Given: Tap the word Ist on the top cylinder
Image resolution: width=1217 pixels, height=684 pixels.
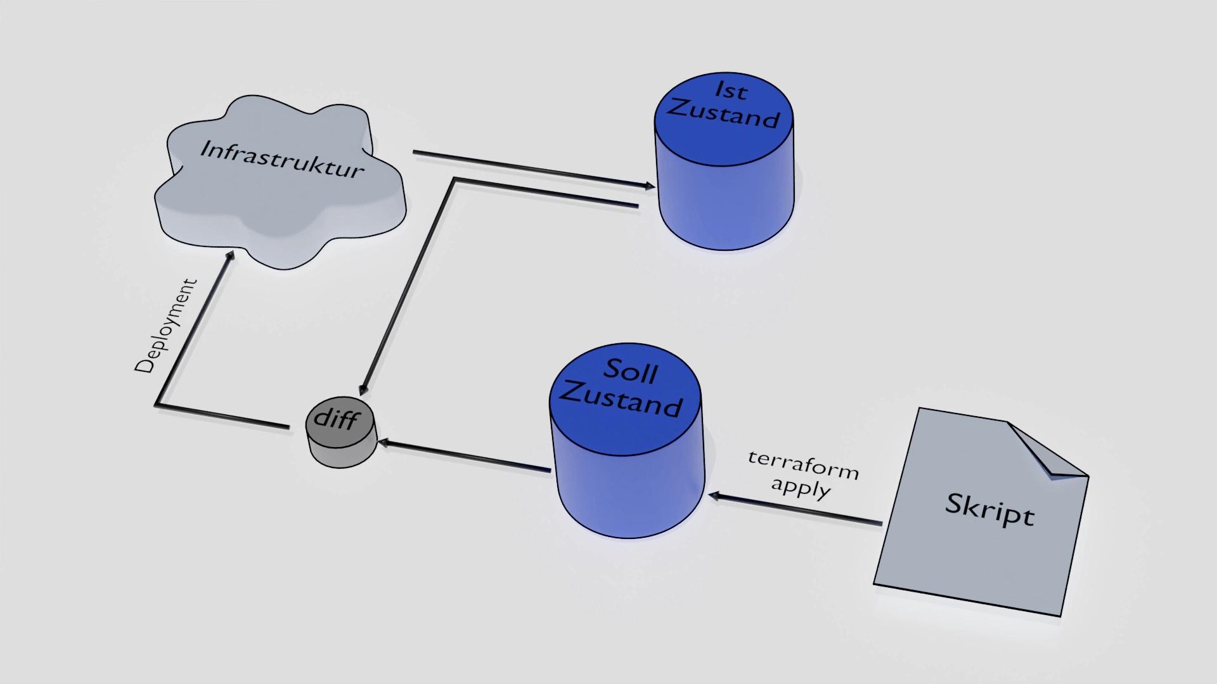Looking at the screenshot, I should pyautogui.click(x=731, y=90).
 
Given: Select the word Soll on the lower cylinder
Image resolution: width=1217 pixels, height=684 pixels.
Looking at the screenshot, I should pyautogui.click(x=630, y=371).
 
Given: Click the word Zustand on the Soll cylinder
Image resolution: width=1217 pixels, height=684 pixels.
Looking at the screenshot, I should pyautogui.click(x=621, y=400).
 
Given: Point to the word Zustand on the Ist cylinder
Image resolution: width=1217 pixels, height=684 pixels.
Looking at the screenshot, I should pyautogui.click(x=723, y=115).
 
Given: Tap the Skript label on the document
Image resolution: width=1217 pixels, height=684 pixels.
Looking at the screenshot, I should pyautogui.click(x=989, y=509).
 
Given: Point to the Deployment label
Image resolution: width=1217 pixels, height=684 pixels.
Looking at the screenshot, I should pyautogui.click(x=166, y=326).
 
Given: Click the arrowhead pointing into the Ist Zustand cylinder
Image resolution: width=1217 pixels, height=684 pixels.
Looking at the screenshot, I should pyautogui.click(x=650, y=186).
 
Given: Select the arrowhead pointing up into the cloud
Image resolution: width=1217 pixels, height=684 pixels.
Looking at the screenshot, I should pyautogui.click(x=229, y=255).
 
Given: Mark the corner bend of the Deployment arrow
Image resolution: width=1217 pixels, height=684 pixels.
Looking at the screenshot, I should pyautogui.click(x=157, y=404).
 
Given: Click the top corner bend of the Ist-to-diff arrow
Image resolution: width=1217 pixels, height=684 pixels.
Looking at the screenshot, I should pyautogui.click(x=454, y=180).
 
